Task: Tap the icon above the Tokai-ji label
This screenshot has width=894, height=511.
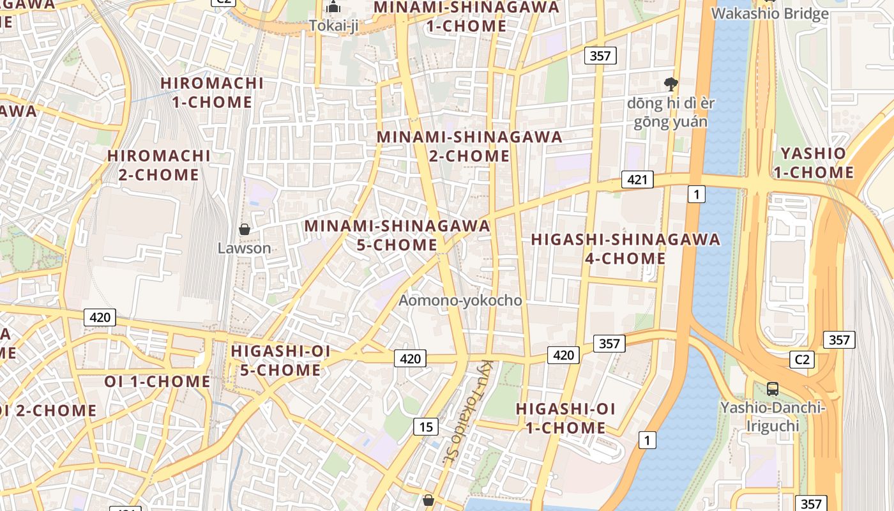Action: [333, 8]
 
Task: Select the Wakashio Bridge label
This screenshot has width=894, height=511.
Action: [769, 13]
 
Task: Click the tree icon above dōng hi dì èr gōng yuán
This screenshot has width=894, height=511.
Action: [670, 83]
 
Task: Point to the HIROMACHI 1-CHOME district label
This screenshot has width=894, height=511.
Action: [212, 92]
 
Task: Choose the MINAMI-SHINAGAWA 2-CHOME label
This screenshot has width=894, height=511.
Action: [469, 146]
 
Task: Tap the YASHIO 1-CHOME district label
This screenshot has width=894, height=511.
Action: [813, 163]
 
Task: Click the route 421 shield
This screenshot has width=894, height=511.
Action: [637, 179]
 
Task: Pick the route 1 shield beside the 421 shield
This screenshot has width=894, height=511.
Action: [696, 194]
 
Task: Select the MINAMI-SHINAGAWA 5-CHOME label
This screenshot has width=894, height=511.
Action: [397, 235]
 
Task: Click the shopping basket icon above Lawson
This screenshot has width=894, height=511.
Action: [244, 229]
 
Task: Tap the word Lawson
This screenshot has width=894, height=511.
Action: [244, 248]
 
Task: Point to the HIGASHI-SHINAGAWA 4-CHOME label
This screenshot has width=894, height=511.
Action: [625, 249]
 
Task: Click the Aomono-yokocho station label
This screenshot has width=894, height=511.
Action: [460, 300]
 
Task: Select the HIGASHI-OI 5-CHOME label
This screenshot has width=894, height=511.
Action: [281, 360]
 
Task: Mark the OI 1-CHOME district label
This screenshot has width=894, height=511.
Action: [157, 381]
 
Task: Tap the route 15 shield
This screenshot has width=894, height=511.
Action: [425, 426]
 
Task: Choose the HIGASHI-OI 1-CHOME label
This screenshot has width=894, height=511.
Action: [565, 418]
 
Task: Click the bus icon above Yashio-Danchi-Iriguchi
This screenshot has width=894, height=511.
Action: [772, 388]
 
